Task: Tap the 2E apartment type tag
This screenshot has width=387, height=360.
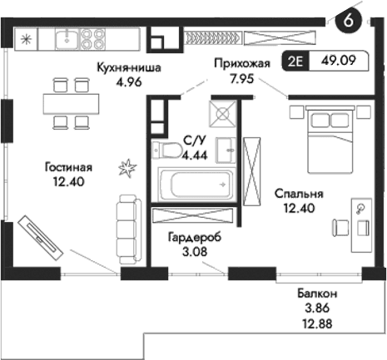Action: [296, 61]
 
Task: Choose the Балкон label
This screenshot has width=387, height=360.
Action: [317, 293]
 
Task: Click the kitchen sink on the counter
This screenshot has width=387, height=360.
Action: [65, 37]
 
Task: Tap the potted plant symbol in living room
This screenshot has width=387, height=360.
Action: [127, 169]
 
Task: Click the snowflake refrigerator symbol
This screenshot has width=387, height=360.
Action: [25, 38]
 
